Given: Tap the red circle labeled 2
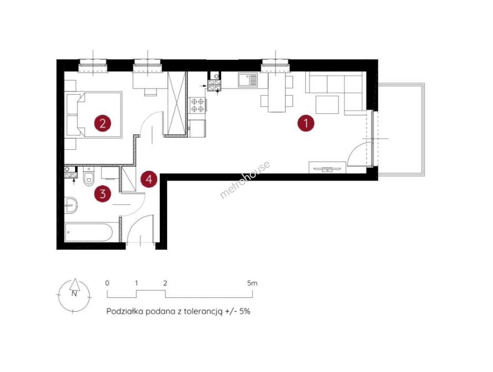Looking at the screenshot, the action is click(103, 123).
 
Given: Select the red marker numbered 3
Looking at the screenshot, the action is click(103, 194).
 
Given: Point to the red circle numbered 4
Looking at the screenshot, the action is click(149, 179).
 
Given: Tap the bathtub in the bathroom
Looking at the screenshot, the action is click(89, 232).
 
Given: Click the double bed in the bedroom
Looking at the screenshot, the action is click(94, 114).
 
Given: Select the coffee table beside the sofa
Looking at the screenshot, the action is click(327, 105).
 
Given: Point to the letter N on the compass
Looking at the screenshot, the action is click(74, 293).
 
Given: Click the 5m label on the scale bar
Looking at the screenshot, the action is click(252, 283).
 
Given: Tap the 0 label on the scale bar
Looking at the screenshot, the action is click(107, 283).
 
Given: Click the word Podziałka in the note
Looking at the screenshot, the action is click(125, 311).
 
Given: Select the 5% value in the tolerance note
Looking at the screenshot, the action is click(245, 311).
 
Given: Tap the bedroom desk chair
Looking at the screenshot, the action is click(151, 92).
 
